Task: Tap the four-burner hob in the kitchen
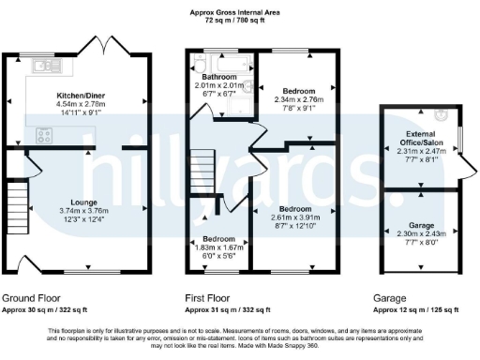(x=45, y=134)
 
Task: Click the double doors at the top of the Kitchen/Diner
(x=105, y=44)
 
